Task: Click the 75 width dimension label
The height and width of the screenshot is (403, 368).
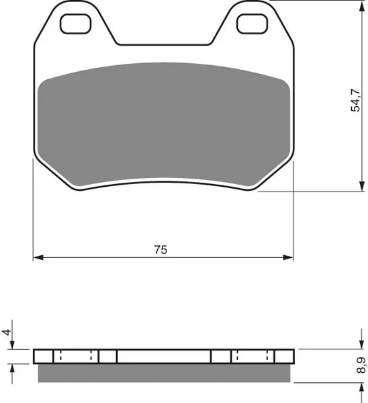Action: [x=160, y=250]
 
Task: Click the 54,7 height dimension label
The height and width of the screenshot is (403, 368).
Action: [x=356, y=100]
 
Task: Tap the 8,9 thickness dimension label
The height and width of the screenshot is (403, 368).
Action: [x=361, y=365]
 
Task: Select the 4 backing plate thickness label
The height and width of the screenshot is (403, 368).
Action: [x=7, y=332]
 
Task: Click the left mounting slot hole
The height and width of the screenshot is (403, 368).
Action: [x=76, y=24]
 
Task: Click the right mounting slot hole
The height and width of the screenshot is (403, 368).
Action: [x=252, y=24]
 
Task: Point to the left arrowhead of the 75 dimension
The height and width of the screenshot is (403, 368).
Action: [x=38, y=257]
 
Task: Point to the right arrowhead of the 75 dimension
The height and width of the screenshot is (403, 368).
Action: [x=288, y=257]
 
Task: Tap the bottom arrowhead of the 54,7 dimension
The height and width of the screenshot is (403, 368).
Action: [x=362, y=186]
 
